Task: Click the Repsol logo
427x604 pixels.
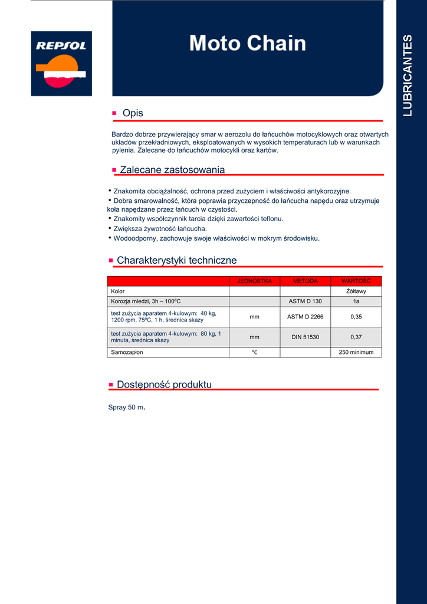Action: point(61,63)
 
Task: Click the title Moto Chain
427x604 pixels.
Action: point(248,43)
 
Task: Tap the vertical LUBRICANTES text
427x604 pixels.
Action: point(408,75)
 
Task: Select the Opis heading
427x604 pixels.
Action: point(133,113)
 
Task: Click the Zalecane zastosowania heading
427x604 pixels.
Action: point(172,170)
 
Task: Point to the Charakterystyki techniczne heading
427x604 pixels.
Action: point(177,260)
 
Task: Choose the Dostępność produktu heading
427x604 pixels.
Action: point(164,385)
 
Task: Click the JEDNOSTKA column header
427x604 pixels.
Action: point(254,281)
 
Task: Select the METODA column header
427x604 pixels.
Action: point(305,281)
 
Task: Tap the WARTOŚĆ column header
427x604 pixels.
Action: point(356,281)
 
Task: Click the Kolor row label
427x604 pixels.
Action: point(118,291)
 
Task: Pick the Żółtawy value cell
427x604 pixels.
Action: point(356,291)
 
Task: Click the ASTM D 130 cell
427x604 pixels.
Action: point(305,301)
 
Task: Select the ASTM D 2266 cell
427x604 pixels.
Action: point(305,317)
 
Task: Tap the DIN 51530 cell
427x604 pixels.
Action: point(305,337)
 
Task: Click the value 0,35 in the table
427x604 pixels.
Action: point(356,317)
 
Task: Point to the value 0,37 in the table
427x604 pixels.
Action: point(356,337)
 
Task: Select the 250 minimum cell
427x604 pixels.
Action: point(356,352)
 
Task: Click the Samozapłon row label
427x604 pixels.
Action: point(127,352)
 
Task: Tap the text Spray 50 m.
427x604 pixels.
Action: point(126,408)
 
